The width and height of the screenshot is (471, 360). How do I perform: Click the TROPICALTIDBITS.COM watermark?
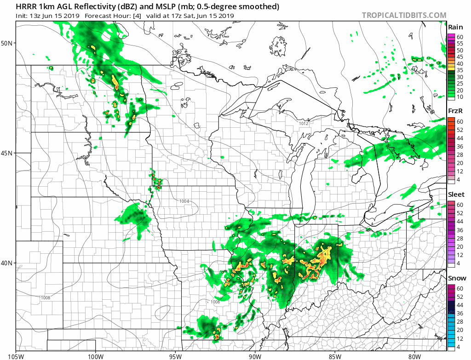coord(404,15)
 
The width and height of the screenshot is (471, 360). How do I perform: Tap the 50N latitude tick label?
coord(8,43)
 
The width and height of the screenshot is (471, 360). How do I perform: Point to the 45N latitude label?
coord(8,153)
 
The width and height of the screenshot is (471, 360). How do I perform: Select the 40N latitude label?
coord(8,263)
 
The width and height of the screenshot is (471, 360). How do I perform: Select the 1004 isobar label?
coord(184,201)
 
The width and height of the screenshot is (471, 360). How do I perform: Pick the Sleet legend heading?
coord(456,194)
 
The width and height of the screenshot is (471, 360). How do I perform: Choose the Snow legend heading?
coord(457,278)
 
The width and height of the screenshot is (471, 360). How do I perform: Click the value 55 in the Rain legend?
coord(460,43)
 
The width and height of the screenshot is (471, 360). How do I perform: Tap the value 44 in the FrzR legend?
coord(460,138)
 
